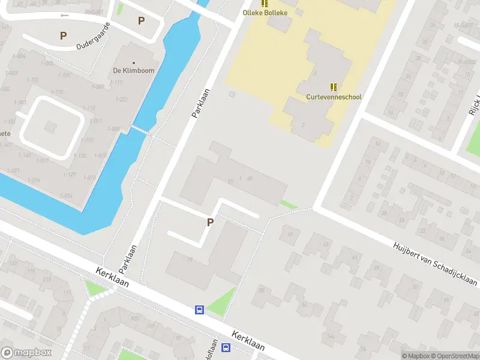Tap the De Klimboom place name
point(134,70)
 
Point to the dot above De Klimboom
point(134,62)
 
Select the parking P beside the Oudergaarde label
point(63,35)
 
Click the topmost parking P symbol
point(142,21)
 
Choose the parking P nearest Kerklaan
point(210,222)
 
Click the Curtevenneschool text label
point(334,97)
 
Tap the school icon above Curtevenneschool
point(334,87)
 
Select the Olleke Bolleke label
point(265,13)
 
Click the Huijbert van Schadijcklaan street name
point(435,263)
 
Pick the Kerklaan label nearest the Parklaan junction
point(113,281)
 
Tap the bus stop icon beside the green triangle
point(199,310)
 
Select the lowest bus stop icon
point(226,348)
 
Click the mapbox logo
point(26,353)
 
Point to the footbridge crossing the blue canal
point(139,130)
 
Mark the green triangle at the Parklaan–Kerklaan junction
point(94,289)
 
